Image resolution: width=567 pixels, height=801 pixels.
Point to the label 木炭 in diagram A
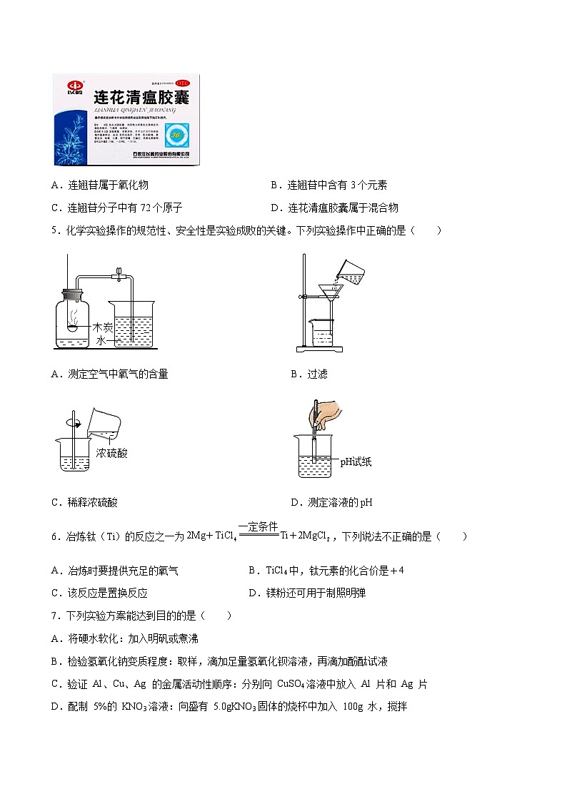104,327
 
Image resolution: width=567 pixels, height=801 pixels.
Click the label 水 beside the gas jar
100,341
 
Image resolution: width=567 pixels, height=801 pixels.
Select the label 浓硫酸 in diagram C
111,453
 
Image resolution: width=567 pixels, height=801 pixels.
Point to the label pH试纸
356,461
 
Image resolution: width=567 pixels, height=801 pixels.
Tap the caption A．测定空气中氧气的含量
110,374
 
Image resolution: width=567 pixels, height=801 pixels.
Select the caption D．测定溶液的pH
331,502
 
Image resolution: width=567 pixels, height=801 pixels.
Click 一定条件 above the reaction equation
258,526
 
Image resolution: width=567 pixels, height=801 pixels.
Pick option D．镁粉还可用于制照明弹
307,593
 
